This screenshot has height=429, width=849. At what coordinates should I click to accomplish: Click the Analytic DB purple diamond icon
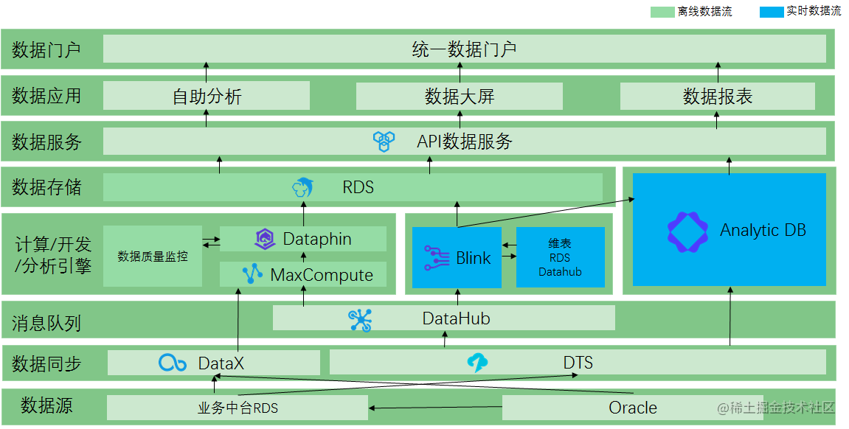(x=687, y=232)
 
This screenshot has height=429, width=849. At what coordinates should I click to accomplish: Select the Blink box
(x=457, y=257)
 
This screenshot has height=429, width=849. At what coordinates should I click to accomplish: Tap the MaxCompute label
(x=322, y=275)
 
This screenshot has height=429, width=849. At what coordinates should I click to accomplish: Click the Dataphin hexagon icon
(x=265, y=239)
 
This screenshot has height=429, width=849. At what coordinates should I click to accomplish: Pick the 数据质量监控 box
(x=153, y=257)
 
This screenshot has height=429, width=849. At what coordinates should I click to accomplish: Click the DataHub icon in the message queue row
(x=361, y=319)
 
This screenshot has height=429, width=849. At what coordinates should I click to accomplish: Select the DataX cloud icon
(x=173, y=363)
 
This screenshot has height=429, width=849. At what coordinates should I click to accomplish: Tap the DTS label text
(x=578, y=363)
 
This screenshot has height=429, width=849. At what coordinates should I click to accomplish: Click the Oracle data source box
(x=632, y=408)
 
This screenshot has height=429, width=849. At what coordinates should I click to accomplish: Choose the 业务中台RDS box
(x=238, y=408)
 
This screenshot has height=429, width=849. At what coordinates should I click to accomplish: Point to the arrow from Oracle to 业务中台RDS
(x=435, y=407)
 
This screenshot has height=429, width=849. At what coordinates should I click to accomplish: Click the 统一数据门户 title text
(x=464, y=49)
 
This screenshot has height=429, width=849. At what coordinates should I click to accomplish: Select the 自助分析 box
(x=207, y=97)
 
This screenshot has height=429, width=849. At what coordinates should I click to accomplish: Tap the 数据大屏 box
(x=459, y=97)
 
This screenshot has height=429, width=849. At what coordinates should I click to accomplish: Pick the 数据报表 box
(x=717, y=97)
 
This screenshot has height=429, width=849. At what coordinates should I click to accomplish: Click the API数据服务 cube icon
(x=384, y=141)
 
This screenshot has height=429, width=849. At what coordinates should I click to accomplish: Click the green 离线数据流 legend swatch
(x=662, y=12)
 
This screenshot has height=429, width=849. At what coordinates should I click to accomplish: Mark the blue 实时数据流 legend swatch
(x=771, y=12)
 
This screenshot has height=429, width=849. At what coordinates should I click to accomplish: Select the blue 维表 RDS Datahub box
(x=560, y=257)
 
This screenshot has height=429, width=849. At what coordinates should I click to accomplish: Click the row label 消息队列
(x=46, y=322)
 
